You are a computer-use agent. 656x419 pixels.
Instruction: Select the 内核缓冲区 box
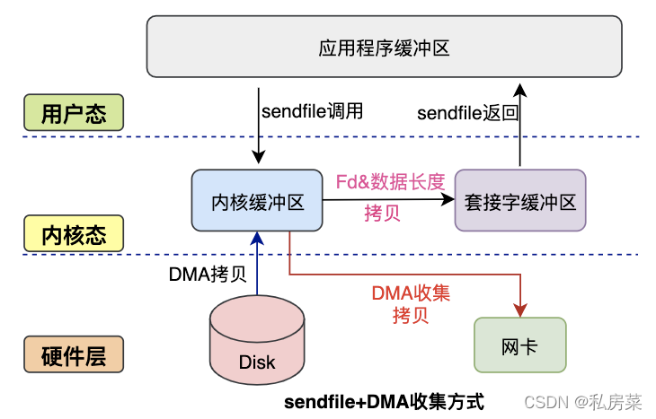258,202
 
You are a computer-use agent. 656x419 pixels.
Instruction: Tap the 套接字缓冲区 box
520,202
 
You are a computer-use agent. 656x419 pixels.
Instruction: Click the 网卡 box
520,345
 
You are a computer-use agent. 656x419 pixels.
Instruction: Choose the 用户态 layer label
74,114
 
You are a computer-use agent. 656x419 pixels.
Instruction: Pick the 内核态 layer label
74,235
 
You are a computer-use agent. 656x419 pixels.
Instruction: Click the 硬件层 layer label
74,355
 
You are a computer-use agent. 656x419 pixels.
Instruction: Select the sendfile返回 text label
468,113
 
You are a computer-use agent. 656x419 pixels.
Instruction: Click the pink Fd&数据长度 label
390,182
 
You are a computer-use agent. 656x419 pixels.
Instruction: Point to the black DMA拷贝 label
208,275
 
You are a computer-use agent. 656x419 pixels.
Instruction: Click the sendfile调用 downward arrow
259,126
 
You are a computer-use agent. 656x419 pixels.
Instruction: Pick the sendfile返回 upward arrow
520,126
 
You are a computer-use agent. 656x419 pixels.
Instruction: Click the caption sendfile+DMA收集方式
384,400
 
